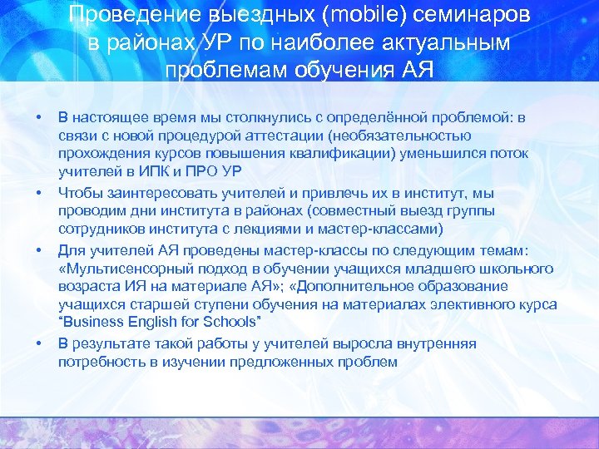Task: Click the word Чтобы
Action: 80,194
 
